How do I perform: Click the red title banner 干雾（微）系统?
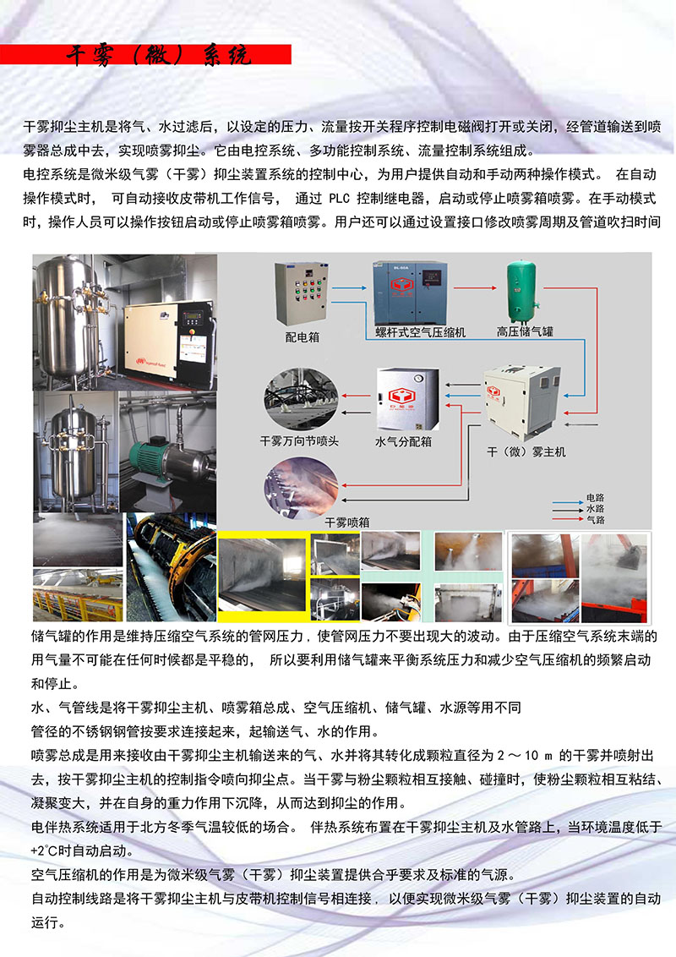(145, 54)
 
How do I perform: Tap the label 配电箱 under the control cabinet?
(303, 337)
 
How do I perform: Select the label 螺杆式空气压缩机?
(420, 332)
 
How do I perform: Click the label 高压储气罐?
(525, 331)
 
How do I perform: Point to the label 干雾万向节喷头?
(300, 440)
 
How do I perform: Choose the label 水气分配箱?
(403, 441)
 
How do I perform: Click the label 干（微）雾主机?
(526, 451)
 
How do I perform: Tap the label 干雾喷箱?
(347, 522)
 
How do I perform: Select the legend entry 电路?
(596, 498)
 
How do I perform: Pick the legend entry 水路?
(596, 509)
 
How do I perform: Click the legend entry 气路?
(596, 520)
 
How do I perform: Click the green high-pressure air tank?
(521, 292)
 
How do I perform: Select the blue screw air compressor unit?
(410, 293)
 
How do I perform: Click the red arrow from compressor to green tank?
(475, 287)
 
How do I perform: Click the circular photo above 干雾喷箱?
(301, 487)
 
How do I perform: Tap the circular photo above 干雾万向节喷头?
(301, 400)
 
